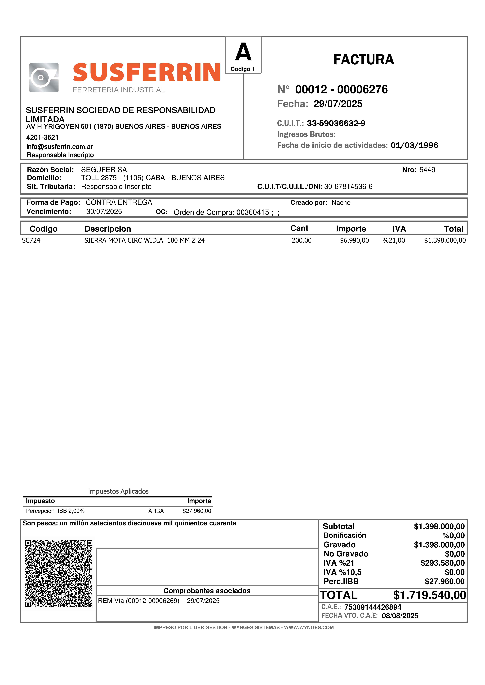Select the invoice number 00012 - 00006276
[x=341, y=90]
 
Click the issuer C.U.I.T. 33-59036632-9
[x=336, y=123]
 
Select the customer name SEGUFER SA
[x=104, y=170]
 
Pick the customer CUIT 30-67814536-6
[x=348, y=187]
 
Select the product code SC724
[x=31, y=240]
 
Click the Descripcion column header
[x=108, y=229]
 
